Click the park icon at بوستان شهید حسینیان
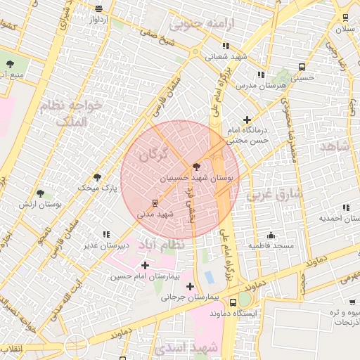[195, 167]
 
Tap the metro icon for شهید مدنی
[155, 202]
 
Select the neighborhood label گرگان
[154, 152]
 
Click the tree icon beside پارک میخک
[97, 177]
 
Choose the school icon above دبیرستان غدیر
[106, 234]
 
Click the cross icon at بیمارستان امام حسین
[145, 265]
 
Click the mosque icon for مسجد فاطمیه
[271, 235]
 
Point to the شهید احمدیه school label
[340, 217]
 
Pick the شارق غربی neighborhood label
[274, 193]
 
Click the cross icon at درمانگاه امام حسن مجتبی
[246, 120]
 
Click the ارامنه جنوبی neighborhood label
[210, 23]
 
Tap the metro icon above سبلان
[345, 18]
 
